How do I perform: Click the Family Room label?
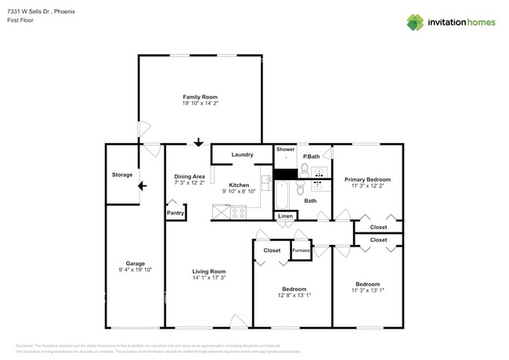[x=200, y=96]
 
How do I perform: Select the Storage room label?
[x=121, y=175]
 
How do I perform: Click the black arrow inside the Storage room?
[x=141, y=186]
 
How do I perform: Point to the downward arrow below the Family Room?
[x=199, y=142]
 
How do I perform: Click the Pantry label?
[x=175, y=212]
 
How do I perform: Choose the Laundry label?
[x=242, y=155]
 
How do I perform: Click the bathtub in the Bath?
[x=284, y=192]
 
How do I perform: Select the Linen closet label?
[x=285, y=216]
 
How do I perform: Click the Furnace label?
[x=301, y=250]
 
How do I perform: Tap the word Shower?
[x=285, y=149]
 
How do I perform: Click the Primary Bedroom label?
[x=367, y=179]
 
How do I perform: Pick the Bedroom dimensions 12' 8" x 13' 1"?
[x=294, y=295]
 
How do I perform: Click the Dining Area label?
[x=189, y=176]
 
